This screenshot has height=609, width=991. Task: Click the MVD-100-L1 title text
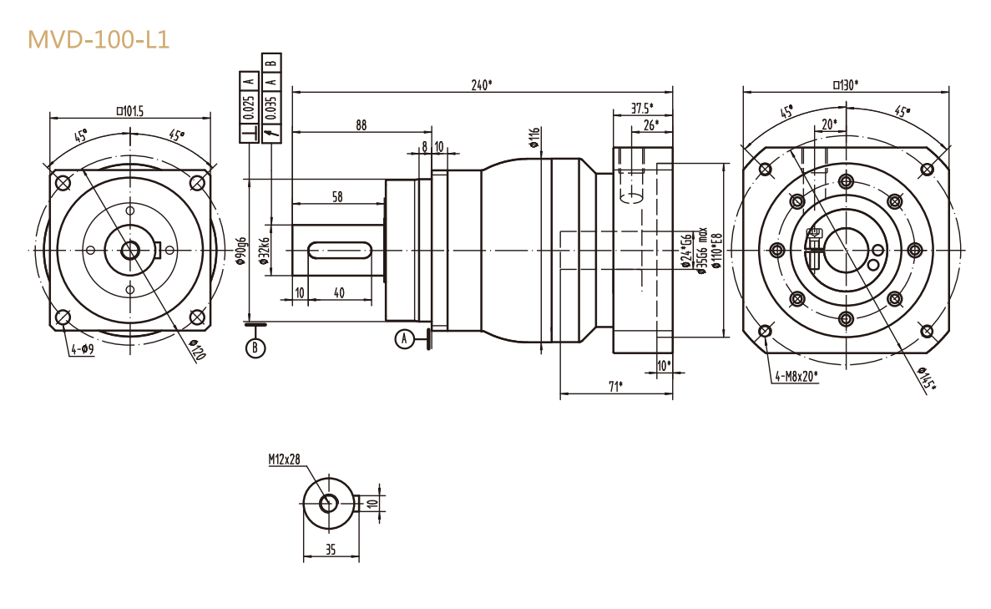tap(99, 39)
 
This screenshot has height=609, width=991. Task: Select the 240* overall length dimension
tap(481, 84)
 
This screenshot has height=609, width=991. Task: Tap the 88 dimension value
tap(361, 125)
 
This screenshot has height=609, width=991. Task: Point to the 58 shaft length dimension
tap(337, 197)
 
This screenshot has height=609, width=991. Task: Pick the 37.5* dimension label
tap(641, 108)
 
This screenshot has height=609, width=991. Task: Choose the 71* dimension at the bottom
tap(615, 385)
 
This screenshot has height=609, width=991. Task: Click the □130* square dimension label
tap(845, 84)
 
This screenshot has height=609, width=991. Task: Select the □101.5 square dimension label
tap(129, 110)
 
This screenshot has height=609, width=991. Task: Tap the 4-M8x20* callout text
tap(796, 376)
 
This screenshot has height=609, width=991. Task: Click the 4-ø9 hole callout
tap(82, 350)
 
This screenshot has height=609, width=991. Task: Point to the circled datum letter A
tap(405, 338)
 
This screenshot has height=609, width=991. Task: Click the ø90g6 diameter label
tap(240, 251)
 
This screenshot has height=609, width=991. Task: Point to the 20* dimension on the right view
tap(828, 124)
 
